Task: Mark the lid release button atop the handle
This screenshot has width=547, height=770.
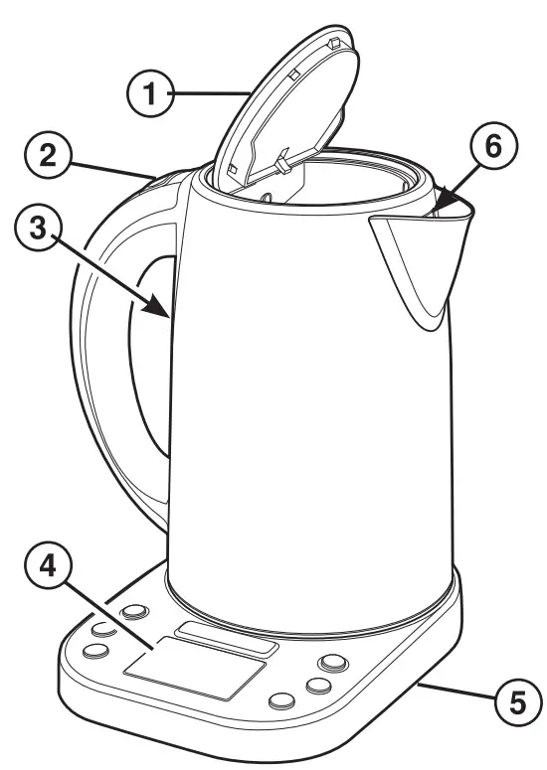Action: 164,182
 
